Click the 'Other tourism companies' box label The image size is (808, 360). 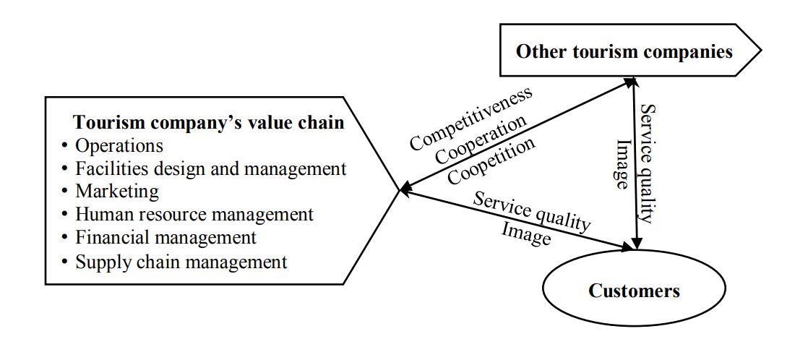[x=624, y=51]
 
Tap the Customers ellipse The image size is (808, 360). [x=634, y=291]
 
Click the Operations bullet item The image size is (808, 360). [x=119, y=145]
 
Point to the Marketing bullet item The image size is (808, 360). [x=117, y=192]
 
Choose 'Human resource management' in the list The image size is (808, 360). [x=194, y=215]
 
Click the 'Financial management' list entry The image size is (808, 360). [x=166, y=237]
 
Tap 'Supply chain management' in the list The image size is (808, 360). [x=181, y=261]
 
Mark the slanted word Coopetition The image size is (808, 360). [x=491, y=160]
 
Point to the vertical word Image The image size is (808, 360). [x=620, y=165]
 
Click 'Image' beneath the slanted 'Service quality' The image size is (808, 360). [x=526, y=233]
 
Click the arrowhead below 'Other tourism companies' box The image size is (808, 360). [x=634, y=85]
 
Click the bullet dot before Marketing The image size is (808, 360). [x=65, y=192]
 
